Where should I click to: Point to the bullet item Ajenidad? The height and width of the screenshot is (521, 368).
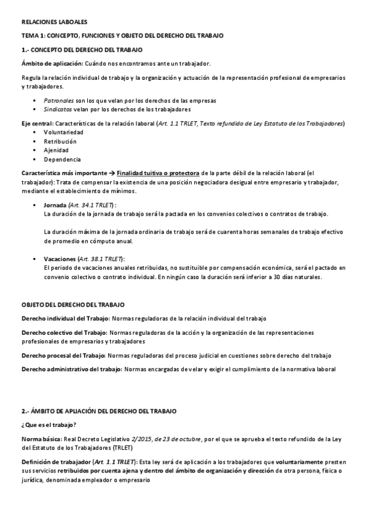click(57, 150)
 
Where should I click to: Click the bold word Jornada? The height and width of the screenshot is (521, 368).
click(56, 205)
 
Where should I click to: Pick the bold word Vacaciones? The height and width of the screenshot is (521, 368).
click(60, 259)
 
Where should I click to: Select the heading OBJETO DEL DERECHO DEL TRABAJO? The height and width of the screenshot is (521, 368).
click(73, 304)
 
